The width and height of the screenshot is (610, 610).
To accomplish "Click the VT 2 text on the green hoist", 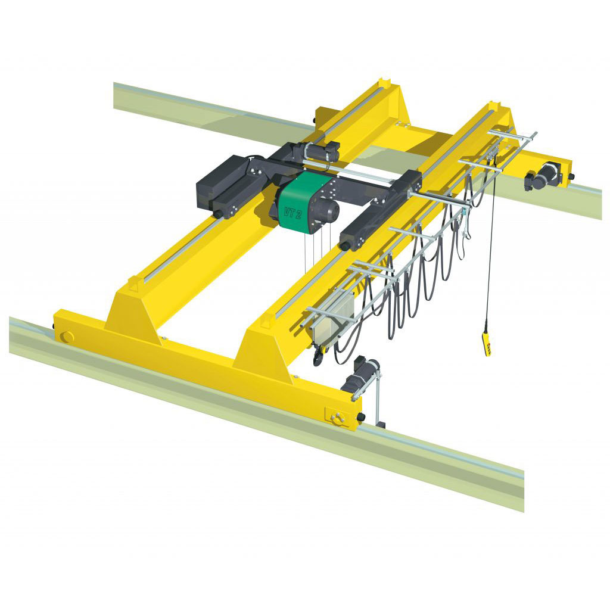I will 292,213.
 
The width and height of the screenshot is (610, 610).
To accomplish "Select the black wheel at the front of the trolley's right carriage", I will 346,244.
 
